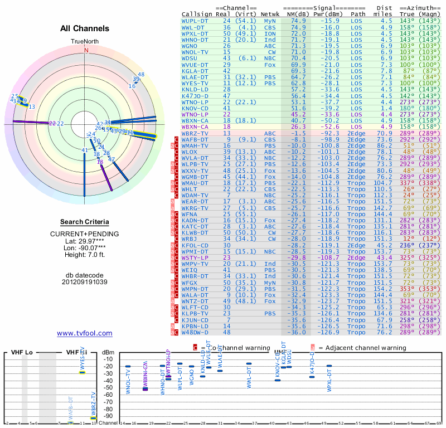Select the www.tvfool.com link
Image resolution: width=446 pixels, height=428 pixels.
[x=85, y=333]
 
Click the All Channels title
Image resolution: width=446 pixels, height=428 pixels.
[x=85, y=28]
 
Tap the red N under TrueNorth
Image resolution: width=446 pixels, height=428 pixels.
[x=86, y=50]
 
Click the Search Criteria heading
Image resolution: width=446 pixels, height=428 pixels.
[x=85, y=221]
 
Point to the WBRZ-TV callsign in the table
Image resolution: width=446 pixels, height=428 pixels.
[x=195, y=133]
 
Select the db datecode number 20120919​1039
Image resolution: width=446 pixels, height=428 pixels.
[x=85, y=281]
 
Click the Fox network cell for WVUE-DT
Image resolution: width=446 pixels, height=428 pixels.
[x=270, y=65]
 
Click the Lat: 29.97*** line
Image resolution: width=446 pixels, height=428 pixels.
[x=85, y=240]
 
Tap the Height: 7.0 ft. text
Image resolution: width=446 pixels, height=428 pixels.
[x=85, y=255]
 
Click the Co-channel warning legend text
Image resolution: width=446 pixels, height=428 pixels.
[x=230, y=347]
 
